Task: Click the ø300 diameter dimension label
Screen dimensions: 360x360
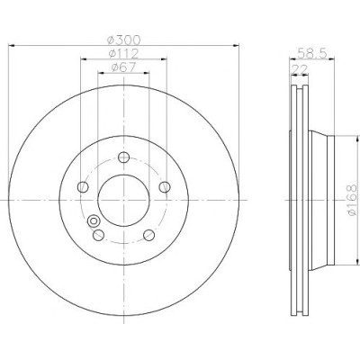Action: (124, 40)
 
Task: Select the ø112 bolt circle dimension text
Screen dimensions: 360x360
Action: (123, 54)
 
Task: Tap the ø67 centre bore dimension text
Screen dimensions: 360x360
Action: (123, 67)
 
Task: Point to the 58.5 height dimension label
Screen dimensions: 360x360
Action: (311, 53)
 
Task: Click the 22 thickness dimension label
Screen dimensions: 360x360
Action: (300, 69)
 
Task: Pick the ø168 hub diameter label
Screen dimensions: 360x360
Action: (352, 200)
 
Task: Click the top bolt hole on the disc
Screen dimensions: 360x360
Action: (123, 157)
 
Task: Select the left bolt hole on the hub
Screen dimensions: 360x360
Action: (83, 187)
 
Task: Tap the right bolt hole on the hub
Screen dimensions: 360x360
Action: (165, 187)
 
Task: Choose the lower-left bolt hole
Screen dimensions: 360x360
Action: (98, 235)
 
